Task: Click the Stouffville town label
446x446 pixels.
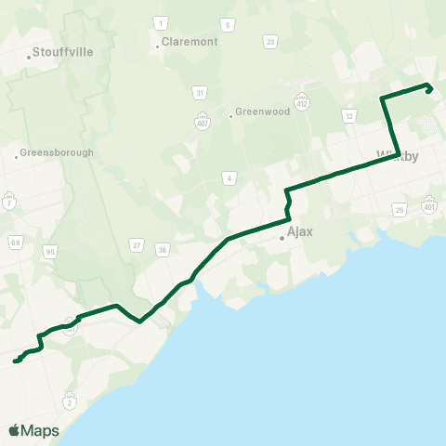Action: click(62, 52)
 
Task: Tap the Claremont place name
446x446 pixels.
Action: click(190, 42)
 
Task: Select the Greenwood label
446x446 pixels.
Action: click(263, 111)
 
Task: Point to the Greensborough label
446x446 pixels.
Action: click(57, 152)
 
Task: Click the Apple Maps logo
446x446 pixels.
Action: click(33, 430)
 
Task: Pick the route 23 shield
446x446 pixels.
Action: click(270, 42)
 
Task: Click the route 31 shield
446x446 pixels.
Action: click(199, 92)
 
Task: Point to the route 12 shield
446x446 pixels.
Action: click(348, 115)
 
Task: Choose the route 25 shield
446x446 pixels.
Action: click(400, 211)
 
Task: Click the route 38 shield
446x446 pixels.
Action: click(163, 249)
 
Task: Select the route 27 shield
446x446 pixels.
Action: click(137, 245)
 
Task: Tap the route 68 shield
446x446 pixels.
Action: click(16, 243)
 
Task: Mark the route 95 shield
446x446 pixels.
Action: click(50, 251)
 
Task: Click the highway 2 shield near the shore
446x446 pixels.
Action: click(70, 401)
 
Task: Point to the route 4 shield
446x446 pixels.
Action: click(229, 177)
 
